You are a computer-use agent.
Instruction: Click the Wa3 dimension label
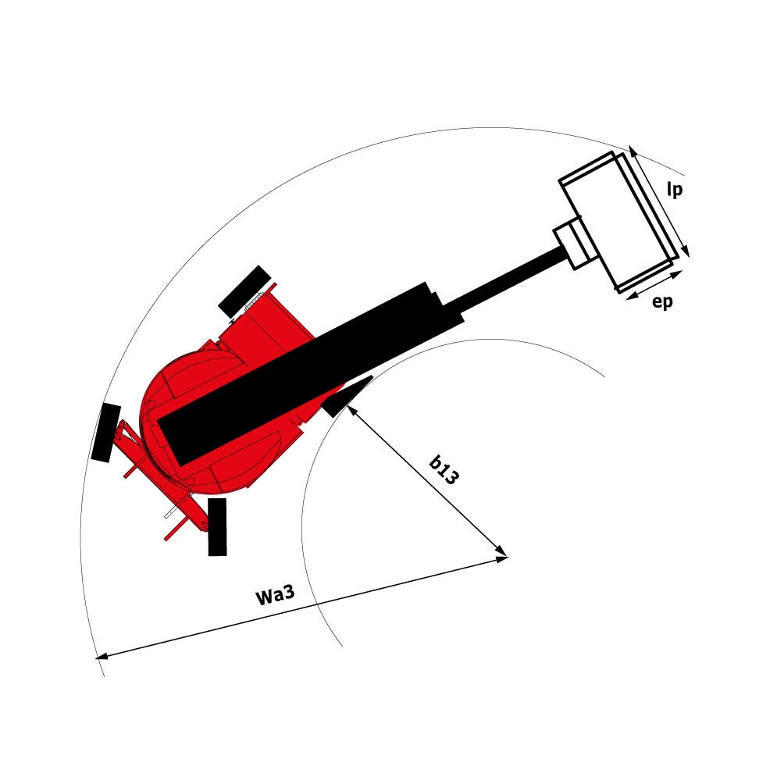coord(275,594)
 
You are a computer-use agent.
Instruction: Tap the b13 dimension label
coord(444,470)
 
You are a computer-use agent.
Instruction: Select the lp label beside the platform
coord(675,189)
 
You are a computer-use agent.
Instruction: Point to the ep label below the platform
coord(662,301)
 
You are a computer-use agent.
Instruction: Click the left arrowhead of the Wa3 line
coord(101,657)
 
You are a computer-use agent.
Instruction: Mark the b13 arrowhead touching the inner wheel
coord(352,410)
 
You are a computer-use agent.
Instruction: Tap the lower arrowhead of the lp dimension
coord(686,251)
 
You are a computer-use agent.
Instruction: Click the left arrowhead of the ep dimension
coord(631,297)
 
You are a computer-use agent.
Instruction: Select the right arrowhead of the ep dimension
coord(677,273)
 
